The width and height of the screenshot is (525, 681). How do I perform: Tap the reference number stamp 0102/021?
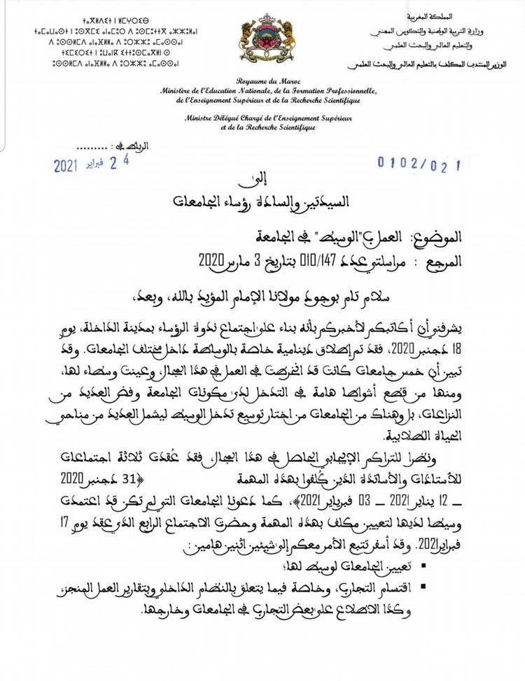420,163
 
